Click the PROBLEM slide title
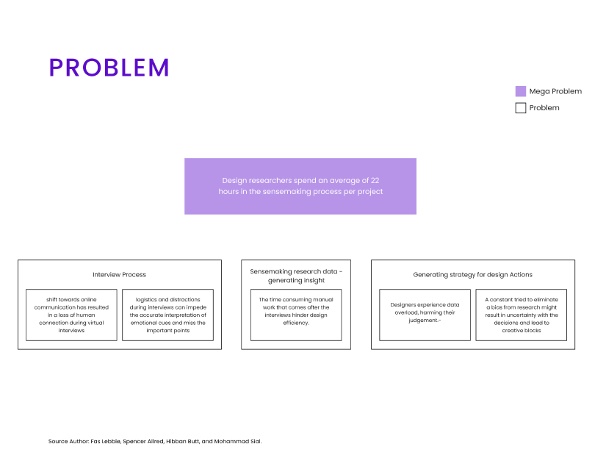(x=109, y=68)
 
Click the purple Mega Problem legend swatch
(x=521, y=91)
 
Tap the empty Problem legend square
(x=521, y=108)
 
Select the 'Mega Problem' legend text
(x=555, y=91)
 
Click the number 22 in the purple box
(x=375, y=180)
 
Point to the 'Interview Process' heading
(x=119, y=274)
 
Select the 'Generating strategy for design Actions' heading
(x=472, y=274)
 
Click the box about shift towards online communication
(x=71, y=315)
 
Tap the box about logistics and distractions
(x=167, y=315)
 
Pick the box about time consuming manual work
(x=296, y=315)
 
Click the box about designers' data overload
(x=425, y=315)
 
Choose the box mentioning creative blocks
(x=522, y=315)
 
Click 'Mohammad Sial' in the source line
(x=237, y=441)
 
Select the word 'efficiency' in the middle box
(x=295, y=323)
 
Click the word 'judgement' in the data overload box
(x=424, y=321)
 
